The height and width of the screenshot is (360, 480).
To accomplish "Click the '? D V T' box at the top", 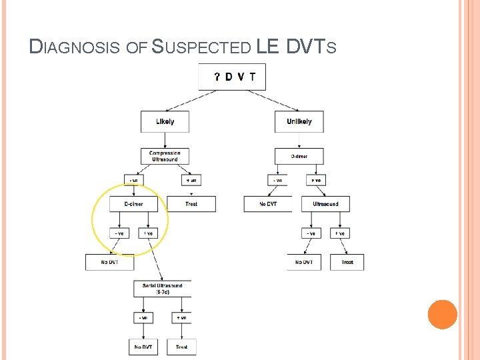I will tap(232, 77).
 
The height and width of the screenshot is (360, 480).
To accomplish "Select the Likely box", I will tap(165, 121).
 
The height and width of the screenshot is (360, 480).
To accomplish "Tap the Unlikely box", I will tap(299, 121).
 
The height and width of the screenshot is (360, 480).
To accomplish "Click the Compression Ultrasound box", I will tap(165, 156).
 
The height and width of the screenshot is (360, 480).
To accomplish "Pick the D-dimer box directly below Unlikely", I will tap(299, 156).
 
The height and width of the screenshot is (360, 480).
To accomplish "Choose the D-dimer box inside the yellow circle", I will tap(134, 203).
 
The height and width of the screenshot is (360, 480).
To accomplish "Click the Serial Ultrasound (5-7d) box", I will tap(163, 289).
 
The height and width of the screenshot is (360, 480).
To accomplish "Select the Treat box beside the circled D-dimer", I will tap(191, 203).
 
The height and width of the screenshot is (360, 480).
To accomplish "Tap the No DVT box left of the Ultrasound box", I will tap(267, 203).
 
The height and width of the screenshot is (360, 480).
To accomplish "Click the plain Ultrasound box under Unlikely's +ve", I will tap(325, 203).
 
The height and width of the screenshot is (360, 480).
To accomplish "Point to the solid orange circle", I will tap(443, 314).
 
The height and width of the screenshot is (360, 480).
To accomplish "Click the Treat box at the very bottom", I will tap(181, 347).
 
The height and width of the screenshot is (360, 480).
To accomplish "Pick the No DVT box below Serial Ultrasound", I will tap(143, 347).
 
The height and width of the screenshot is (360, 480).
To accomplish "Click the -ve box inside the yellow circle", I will tap(120, 233).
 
